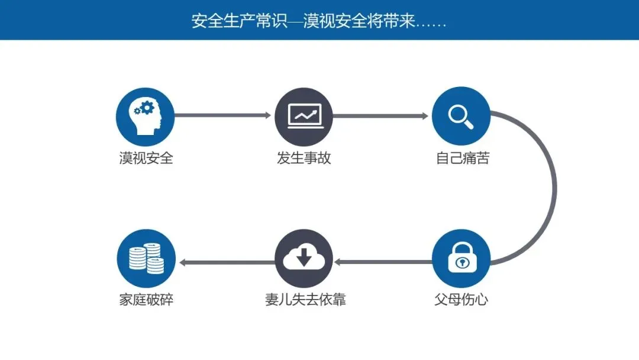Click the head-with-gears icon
tap(145, 116)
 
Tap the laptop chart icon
tap(304, 116)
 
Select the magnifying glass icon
tap(461, 116)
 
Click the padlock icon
tap(461, 258)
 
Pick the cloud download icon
tap(304, 258)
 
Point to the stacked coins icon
tap(146, 258)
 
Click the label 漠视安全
tap(146, 158)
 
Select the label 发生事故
tap(304, 158)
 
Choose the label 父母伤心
tap(461, 299)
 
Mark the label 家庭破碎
tap(146, 299)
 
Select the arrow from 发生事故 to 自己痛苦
tap(382, 116)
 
